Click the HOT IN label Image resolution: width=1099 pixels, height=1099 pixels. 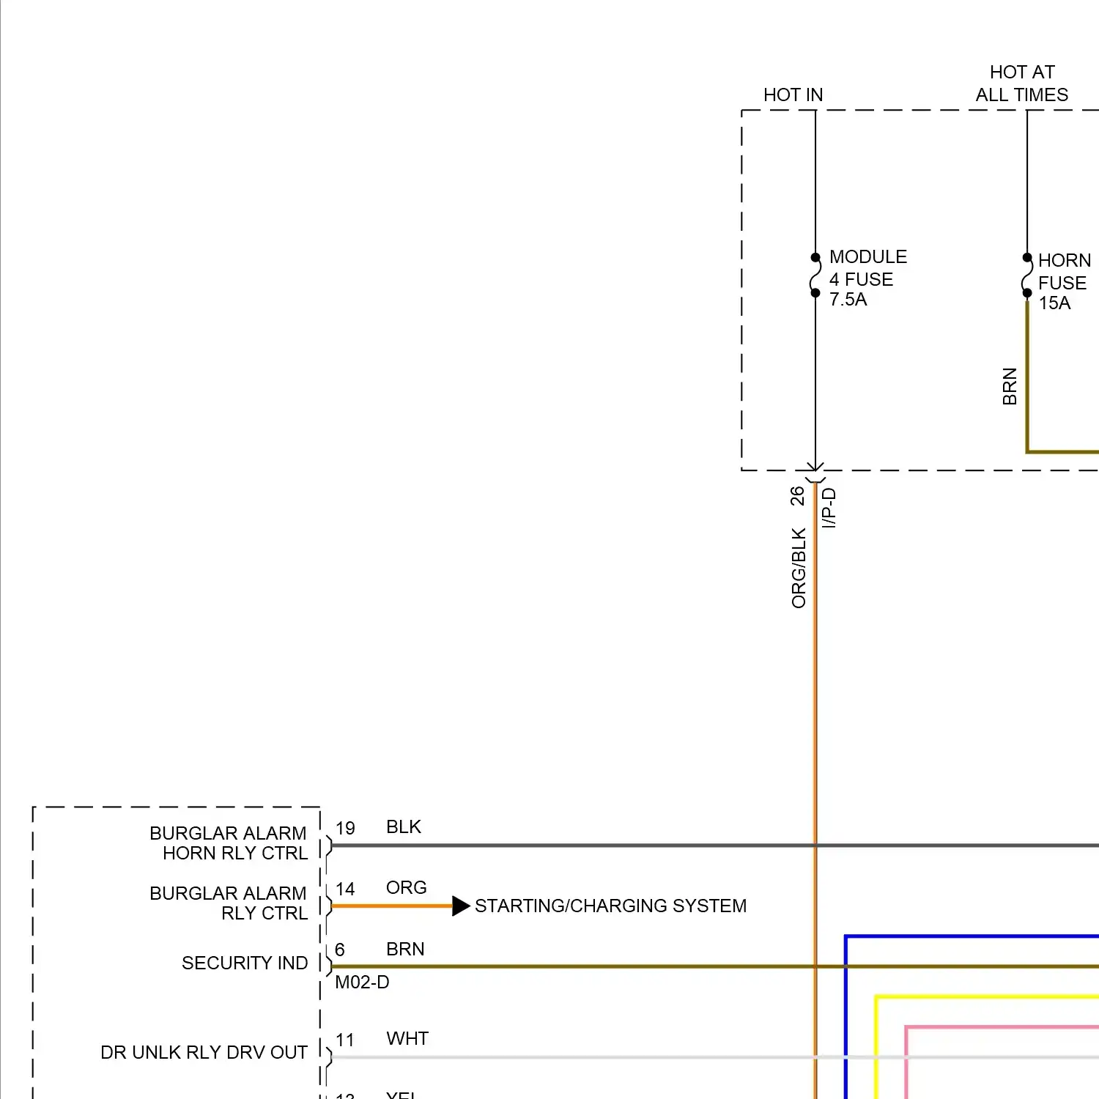(x=793, y=95)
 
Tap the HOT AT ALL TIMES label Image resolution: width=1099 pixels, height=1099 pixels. (x=1021, y=84)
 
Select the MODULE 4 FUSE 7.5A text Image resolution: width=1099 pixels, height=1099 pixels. (x=867, y=278)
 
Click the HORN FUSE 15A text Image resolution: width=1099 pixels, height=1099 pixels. (x=1064, y=282)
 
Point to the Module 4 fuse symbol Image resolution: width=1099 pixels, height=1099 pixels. (x=815, y=275)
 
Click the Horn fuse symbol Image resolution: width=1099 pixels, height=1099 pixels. (x=1027, y=276)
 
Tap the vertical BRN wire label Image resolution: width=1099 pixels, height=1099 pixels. (x=1010, y=386)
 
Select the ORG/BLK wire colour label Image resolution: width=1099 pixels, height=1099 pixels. (x=799, y=568)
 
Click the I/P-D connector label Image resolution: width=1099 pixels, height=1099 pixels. (x=829, y=508)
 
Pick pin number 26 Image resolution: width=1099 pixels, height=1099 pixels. (x=797, y=496)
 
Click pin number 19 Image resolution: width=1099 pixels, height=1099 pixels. (x=345, y=829)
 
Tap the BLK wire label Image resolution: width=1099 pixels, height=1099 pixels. (x=404, y=827)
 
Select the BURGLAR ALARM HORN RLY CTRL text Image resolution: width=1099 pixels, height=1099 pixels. (x=229, y=843)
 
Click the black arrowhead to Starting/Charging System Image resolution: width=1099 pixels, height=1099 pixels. (x=461, y=906)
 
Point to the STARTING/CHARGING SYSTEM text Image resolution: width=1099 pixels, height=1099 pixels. (x=610, y=906)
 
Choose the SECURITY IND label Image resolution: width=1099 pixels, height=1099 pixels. (x=245, y=963)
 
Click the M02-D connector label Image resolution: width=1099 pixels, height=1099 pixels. (x=362, y=983)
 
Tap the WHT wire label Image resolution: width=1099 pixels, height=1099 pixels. (x=407, y=1039)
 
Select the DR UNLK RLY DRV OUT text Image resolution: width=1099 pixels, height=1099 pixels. (x=204, y=1053)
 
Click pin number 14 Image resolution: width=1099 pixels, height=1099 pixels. (x=345, y=889)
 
